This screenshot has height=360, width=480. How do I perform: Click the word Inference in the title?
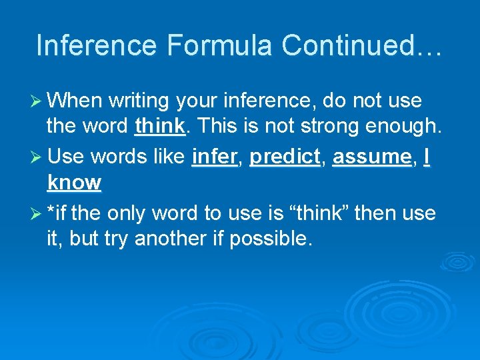coord(97,45)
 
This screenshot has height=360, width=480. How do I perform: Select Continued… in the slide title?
coord(361,45)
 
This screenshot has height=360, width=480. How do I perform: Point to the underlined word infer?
coord(213,157)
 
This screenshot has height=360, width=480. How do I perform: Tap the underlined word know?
coord(74,182)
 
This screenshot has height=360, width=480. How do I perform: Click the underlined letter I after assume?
coord(426,157)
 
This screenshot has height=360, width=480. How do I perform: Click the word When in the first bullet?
coord(75,101)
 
